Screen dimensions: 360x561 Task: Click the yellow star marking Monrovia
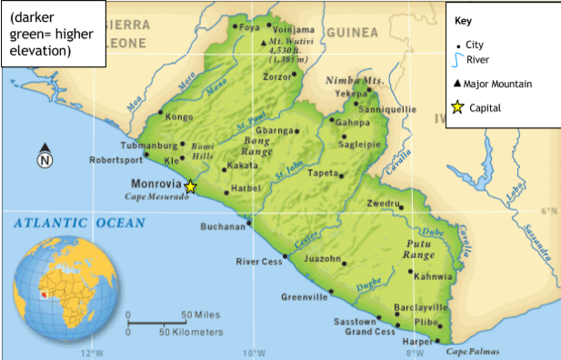point(190,187)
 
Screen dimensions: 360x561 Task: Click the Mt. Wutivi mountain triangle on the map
point(264,42)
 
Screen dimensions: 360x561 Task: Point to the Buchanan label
point(223,226)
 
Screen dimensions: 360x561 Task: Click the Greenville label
point(304,297)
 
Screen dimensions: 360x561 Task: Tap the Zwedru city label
point(382,204)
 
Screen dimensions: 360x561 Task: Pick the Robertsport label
point(115,160)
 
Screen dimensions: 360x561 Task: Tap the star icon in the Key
point(457,107)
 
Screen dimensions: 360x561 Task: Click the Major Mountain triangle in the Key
point(456,84)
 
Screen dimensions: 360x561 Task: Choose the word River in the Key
point(479,60)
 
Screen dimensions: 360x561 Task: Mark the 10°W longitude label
point(254,353)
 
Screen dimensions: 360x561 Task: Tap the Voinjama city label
point(295,28)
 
